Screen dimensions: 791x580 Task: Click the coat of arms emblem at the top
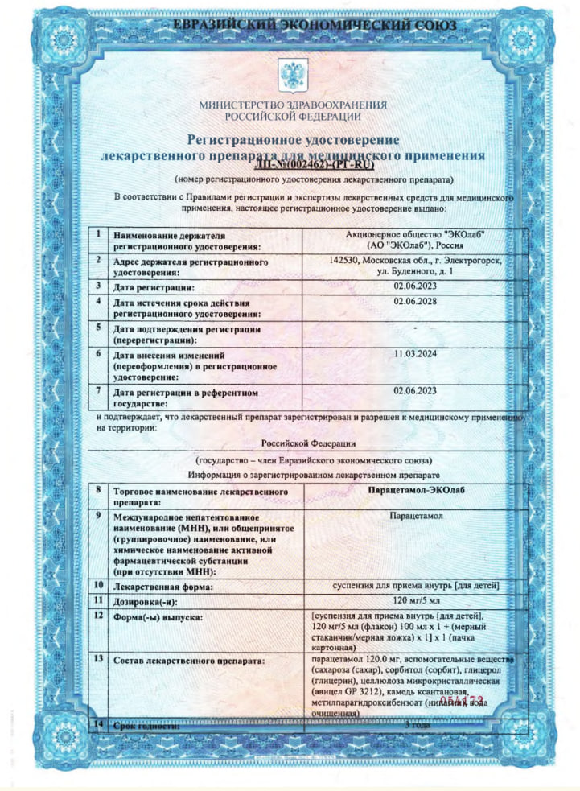point(289,76)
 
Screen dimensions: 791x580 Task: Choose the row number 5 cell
point(97,328)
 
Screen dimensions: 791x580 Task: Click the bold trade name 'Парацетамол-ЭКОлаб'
point(415,490)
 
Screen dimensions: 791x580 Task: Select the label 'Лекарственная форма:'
point(162,587)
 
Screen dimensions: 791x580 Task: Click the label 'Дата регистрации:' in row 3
point(154,286)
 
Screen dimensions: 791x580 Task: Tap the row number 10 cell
point(98,585)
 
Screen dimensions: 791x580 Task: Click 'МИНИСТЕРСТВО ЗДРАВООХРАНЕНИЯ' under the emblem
point(293,105)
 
